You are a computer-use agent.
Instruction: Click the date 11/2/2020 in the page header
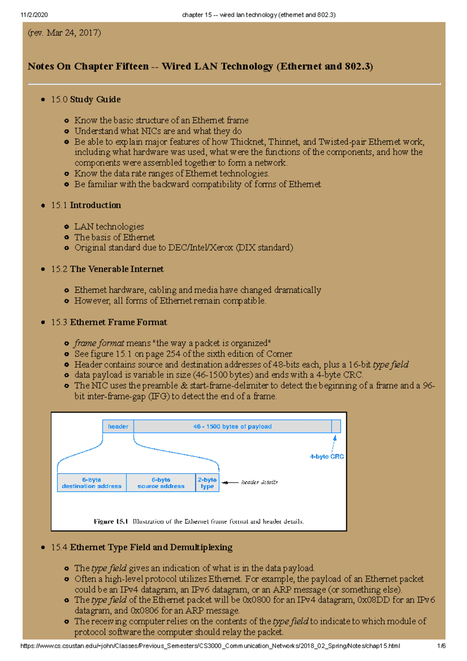pos(34,15)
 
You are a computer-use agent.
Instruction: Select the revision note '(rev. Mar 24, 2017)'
pos(64,33)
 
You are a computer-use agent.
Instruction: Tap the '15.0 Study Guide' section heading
pos(86,100)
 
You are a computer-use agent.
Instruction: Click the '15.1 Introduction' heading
pos(86,206)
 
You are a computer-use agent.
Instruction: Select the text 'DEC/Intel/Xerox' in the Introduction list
pos(200,248)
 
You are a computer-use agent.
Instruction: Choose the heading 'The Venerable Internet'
pos(116,269)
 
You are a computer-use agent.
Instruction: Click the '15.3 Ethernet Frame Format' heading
pos(109,322)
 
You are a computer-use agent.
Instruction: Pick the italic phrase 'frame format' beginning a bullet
pos(99,343)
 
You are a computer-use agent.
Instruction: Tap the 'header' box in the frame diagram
pos(118,427)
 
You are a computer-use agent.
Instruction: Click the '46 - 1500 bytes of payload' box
pos(232,427)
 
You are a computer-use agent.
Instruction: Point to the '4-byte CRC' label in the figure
pos(327,457)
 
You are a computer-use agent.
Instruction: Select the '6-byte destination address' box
pos(91,483)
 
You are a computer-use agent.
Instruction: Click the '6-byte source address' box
pos(161,483)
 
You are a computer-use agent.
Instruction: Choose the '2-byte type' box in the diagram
pos(207,483)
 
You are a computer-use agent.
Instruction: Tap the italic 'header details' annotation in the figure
pos(259,482)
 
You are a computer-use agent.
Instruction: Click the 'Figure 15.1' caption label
pos(111,522)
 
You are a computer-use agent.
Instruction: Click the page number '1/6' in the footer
pos(441,646)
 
